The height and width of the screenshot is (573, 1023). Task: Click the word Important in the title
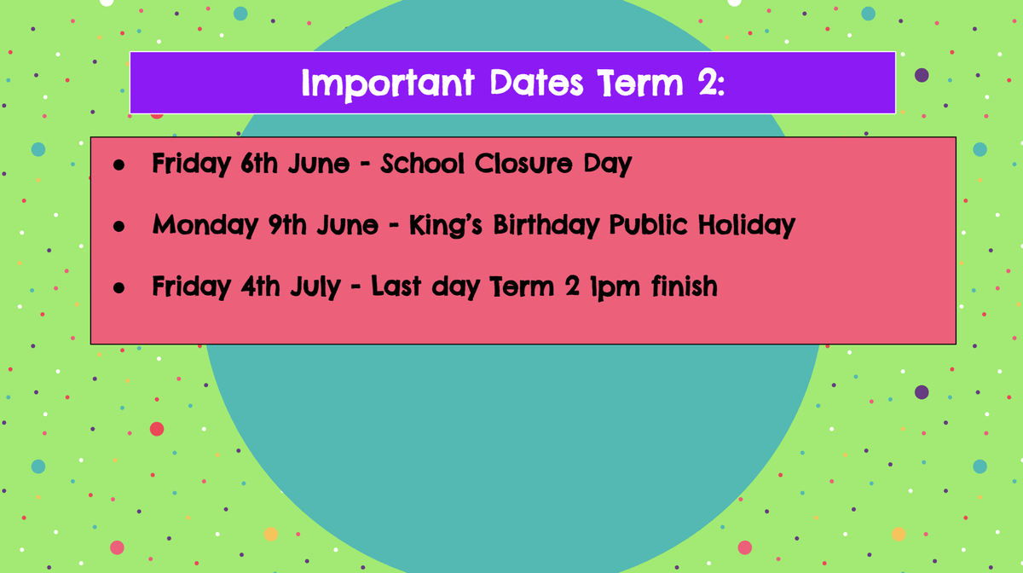[388, 84]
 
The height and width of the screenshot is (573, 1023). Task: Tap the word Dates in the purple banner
[536, 83]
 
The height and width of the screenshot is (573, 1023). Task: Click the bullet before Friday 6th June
[118, 165]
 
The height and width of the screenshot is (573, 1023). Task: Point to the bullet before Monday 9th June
[118, 226]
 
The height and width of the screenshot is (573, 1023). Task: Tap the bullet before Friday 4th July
[118, 287]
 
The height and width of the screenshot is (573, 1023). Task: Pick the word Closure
[523, 163]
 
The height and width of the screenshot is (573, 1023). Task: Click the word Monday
[205, 226]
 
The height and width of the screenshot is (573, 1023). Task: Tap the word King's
[445, 226]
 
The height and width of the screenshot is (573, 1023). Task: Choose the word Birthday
[546, 226]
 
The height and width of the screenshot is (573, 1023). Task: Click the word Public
[649, 224]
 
